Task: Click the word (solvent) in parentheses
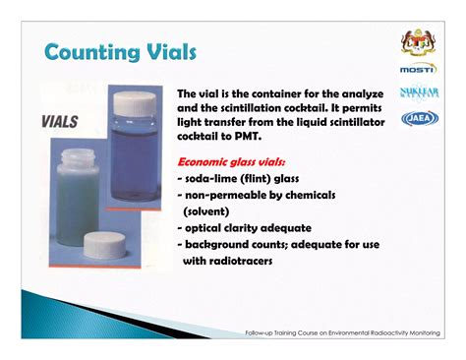206,210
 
